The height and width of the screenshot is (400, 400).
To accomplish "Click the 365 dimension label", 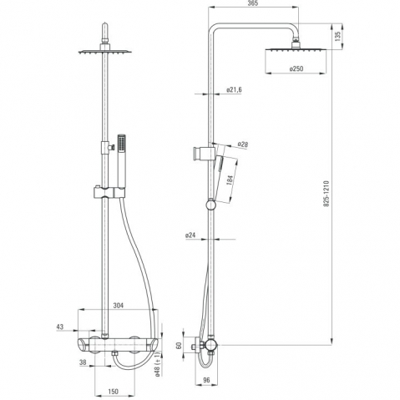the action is coord(253,3).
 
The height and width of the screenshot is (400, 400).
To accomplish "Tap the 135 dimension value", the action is coord(337,37).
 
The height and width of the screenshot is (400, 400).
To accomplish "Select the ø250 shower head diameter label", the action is coord(296,68).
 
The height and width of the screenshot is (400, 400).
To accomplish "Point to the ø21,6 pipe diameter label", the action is coord(234,89).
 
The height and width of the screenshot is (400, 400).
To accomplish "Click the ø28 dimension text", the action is coord(243,144).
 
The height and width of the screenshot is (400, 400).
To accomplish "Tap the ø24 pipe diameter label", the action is coord(190,235).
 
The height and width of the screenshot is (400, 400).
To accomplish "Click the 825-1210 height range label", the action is coord(327,194).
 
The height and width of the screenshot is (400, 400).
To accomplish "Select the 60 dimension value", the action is coord(179,346).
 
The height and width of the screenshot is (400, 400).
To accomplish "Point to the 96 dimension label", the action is coord(206,380).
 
